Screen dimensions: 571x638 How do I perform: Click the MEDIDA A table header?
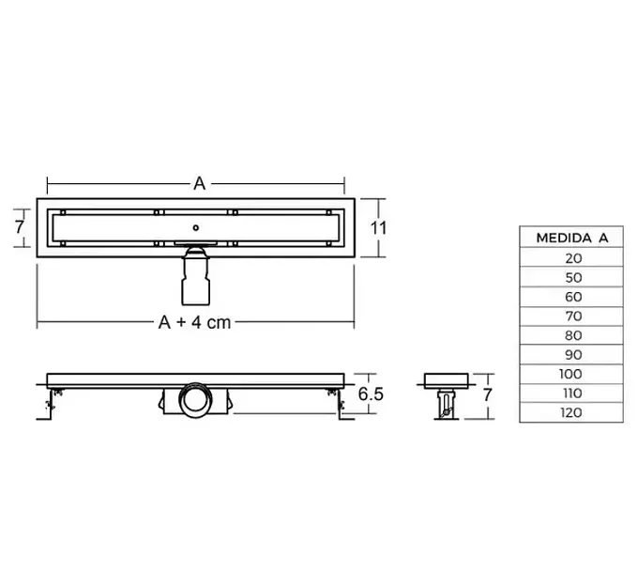click(571, 238)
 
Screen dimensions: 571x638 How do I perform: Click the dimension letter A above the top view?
click(199, 184)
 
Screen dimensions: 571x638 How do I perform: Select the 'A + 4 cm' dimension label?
click(194, 323)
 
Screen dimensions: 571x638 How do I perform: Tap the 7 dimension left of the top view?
click(18, 226)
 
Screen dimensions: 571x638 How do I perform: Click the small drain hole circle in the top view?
click(195, 225)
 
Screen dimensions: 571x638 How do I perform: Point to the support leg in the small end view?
click(441, 404)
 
